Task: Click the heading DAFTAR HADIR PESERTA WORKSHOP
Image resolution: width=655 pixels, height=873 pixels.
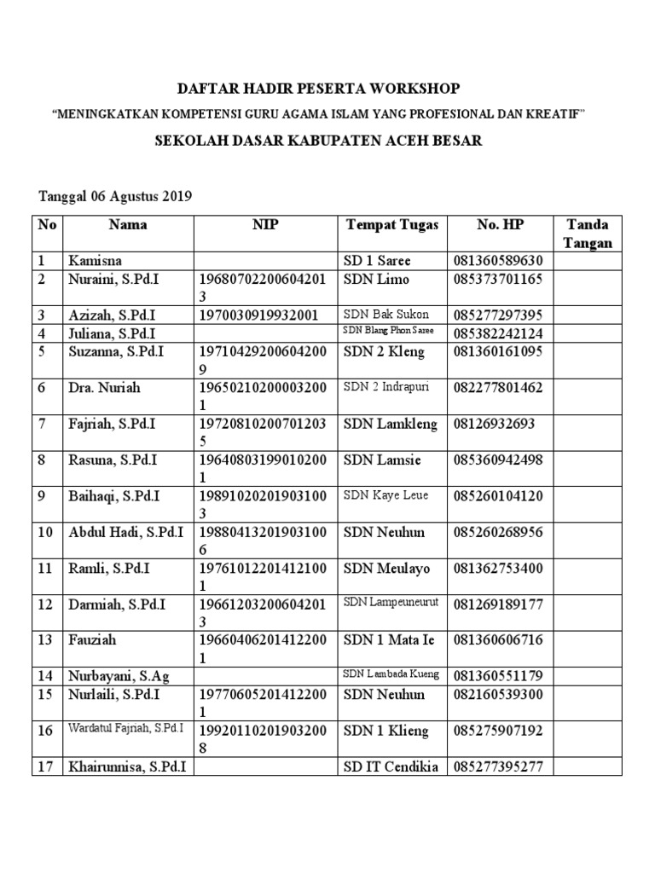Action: tap(318, 89)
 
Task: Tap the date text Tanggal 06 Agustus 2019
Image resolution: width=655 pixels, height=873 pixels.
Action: tap(115, 196)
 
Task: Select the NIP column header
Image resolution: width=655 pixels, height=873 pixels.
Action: tap(264, 225)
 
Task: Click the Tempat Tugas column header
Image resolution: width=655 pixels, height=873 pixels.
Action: tap(391, 225)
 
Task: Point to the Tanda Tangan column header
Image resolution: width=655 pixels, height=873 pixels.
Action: tap(588, 234)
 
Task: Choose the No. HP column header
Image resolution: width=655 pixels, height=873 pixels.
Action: tap(500, 225)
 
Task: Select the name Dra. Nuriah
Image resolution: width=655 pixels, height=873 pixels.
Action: tap(104, 388)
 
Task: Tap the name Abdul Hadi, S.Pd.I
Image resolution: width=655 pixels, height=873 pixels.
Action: tap(125, 533)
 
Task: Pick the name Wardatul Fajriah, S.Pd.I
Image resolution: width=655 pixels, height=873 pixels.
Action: tap(128, 730)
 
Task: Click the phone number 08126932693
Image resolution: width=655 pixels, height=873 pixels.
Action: tap(489, 424)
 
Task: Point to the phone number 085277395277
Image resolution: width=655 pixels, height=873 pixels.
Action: tap(498, 767)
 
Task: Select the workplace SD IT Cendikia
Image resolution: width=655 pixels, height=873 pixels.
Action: tap(391, 767)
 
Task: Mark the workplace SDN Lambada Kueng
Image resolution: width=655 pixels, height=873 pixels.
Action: tap(391, 674)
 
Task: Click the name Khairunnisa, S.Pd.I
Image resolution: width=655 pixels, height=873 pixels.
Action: tap(127, 767)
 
